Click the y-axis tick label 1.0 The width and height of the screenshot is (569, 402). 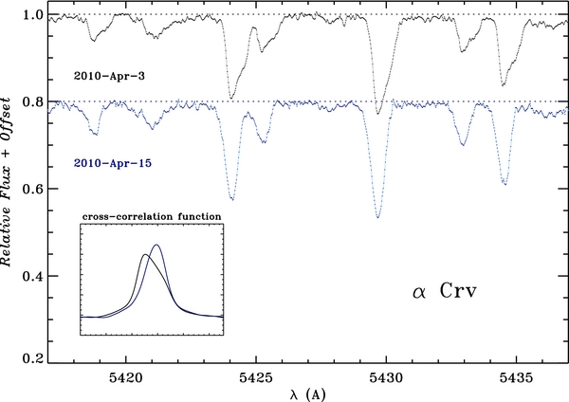[31, 16]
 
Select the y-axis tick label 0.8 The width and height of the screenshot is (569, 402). [31, 102]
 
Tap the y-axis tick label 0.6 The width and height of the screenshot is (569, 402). [31, 189]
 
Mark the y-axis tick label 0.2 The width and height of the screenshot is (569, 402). [31, 360]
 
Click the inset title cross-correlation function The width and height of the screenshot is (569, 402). [152, 216]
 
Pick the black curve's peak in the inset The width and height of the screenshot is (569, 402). [144, 254]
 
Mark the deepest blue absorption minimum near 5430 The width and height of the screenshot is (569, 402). [378, 217]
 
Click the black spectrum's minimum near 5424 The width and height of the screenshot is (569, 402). [231, 98]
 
